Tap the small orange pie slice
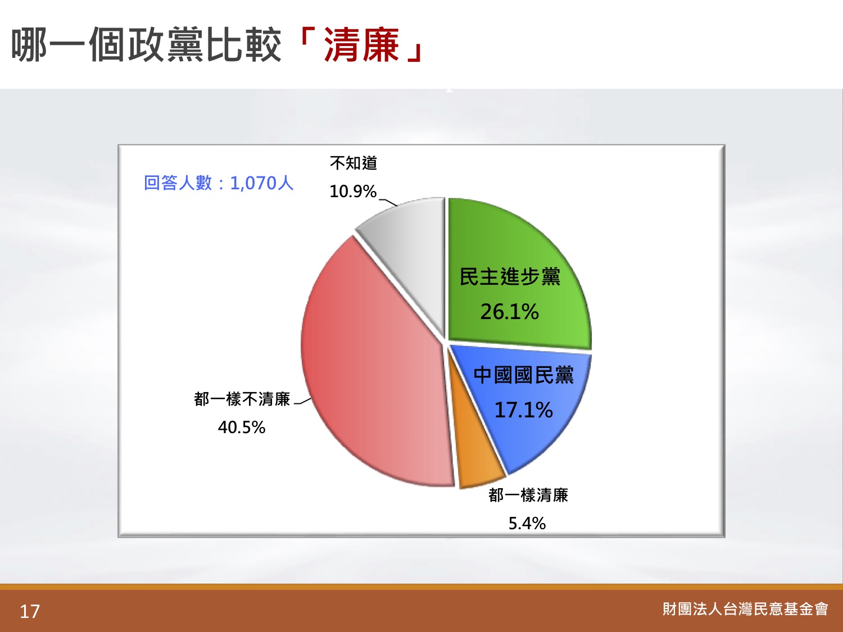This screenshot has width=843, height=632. [474, 461]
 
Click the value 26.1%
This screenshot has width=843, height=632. [510, 312]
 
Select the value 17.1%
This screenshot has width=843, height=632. [523, 410]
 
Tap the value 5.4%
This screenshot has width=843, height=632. [527, 524]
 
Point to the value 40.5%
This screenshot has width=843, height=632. [242, 427]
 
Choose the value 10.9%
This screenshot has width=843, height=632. [353, 191]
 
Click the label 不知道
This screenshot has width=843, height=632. [353, 163]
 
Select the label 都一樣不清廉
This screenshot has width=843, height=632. [242, 399]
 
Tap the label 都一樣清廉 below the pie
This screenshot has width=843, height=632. [528, 495]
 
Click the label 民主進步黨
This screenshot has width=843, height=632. [510, 276]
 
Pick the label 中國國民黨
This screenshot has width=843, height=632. [523, 375]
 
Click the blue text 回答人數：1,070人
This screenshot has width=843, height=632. [219, 183]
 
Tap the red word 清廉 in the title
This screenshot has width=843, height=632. [361, 45]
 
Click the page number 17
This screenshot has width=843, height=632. [30, 611]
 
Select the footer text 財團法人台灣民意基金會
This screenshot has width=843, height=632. [745, 609]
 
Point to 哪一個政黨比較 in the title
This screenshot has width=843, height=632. [146, 45]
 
